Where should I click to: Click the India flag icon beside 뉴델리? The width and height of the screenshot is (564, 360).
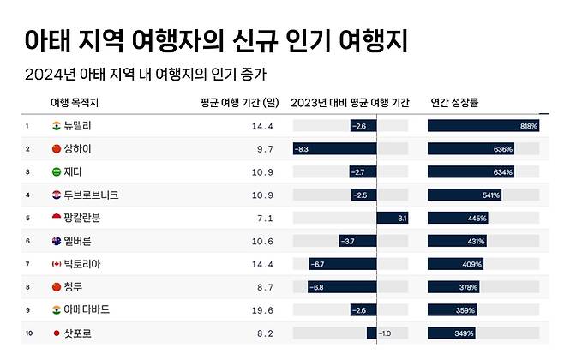click(57, 126)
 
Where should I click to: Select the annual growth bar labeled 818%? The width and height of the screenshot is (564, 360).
click(483, 126)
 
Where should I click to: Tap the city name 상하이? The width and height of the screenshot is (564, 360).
click(77, 149)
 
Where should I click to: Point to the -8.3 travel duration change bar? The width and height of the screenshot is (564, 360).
click(334, 149)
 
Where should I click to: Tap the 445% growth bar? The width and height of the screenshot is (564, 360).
click(458, 218)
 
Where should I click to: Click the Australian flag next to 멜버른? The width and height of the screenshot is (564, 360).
click(57, 241)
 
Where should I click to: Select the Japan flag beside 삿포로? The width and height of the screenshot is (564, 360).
click(57, 333)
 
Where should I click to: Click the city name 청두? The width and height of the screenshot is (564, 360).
click(73, 286)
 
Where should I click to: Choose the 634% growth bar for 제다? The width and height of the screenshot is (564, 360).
click(471, 171)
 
